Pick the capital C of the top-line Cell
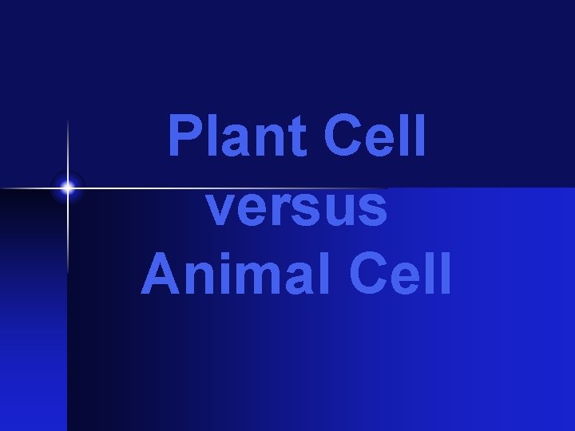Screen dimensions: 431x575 click(x=344, y=138)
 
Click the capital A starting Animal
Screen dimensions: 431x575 click(x=159, y=274)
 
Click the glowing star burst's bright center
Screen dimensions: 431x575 click(x=68, y=188)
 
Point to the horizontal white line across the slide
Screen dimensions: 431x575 click(x=240, y=188)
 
